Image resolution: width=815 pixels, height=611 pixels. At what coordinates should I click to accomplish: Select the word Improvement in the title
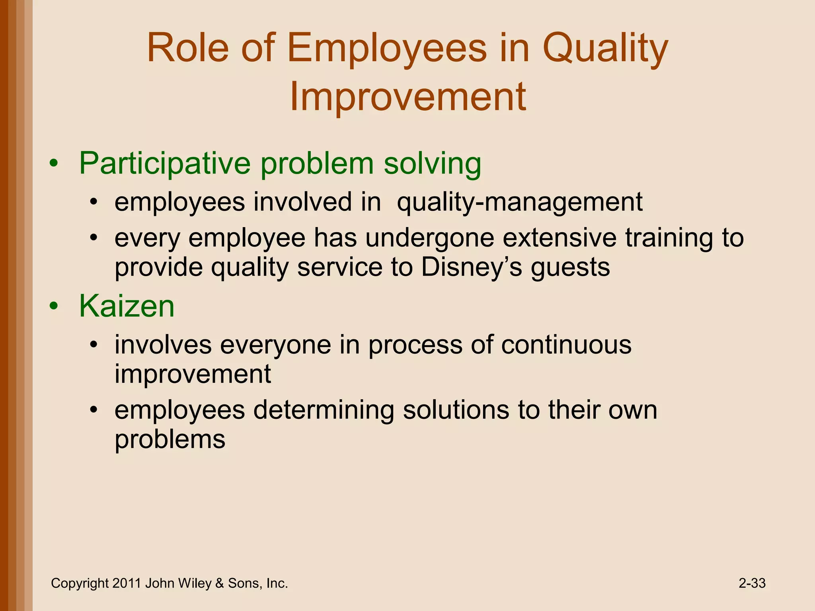coord(407,97)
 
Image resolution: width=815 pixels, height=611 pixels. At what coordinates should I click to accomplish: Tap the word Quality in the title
coord(605,49)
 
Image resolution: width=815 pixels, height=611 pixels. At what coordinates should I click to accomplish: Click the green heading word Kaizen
coord(127,306)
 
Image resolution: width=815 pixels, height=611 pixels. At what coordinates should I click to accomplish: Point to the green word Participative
coord(165,163)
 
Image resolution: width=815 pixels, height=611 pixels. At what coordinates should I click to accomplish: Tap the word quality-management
coord(519,202)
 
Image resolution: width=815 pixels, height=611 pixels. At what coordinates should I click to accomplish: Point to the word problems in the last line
coord(170,440)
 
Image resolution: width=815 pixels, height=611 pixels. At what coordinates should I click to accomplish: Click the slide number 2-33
coord(752,584)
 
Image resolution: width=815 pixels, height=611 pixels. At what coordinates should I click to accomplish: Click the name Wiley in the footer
coord(195,584)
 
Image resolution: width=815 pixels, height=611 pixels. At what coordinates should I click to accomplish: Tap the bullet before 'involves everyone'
coord(93,345)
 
